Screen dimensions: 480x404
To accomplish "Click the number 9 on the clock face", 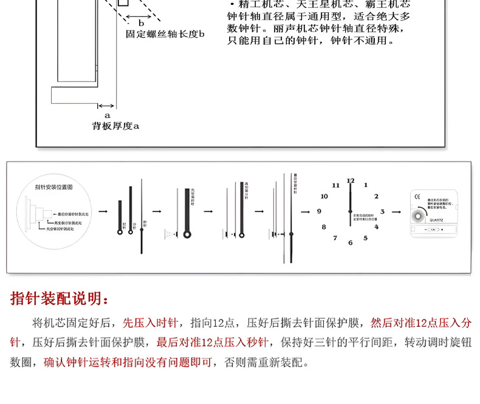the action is pos(318,211).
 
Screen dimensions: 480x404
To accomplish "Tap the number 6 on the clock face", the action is pos(350,242).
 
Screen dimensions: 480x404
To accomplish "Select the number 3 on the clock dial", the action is pos(382,211).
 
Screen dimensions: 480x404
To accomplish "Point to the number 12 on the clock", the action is pos(351,180).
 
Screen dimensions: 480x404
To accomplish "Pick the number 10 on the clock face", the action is pos(324,196).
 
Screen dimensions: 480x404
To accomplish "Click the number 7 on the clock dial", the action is pos(335,238).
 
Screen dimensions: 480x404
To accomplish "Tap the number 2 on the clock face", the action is pos(376,196).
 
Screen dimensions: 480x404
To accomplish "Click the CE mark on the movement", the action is pos(417,196).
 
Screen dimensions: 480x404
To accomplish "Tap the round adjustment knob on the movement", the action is pos(419,216).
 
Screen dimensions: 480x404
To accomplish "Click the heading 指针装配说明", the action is pos(60,299).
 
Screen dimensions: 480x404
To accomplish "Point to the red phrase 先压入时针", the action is pos(151,323).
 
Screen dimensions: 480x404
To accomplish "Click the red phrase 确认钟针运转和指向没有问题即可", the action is pos(128,363).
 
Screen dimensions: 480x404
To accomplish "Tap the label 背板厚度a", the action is pos(115,126).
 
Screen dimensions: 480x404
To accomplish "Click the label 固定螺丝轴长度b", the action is pos(165,35).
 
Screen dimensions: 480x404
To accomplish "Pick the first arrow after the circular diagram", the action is pos(103,211).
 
